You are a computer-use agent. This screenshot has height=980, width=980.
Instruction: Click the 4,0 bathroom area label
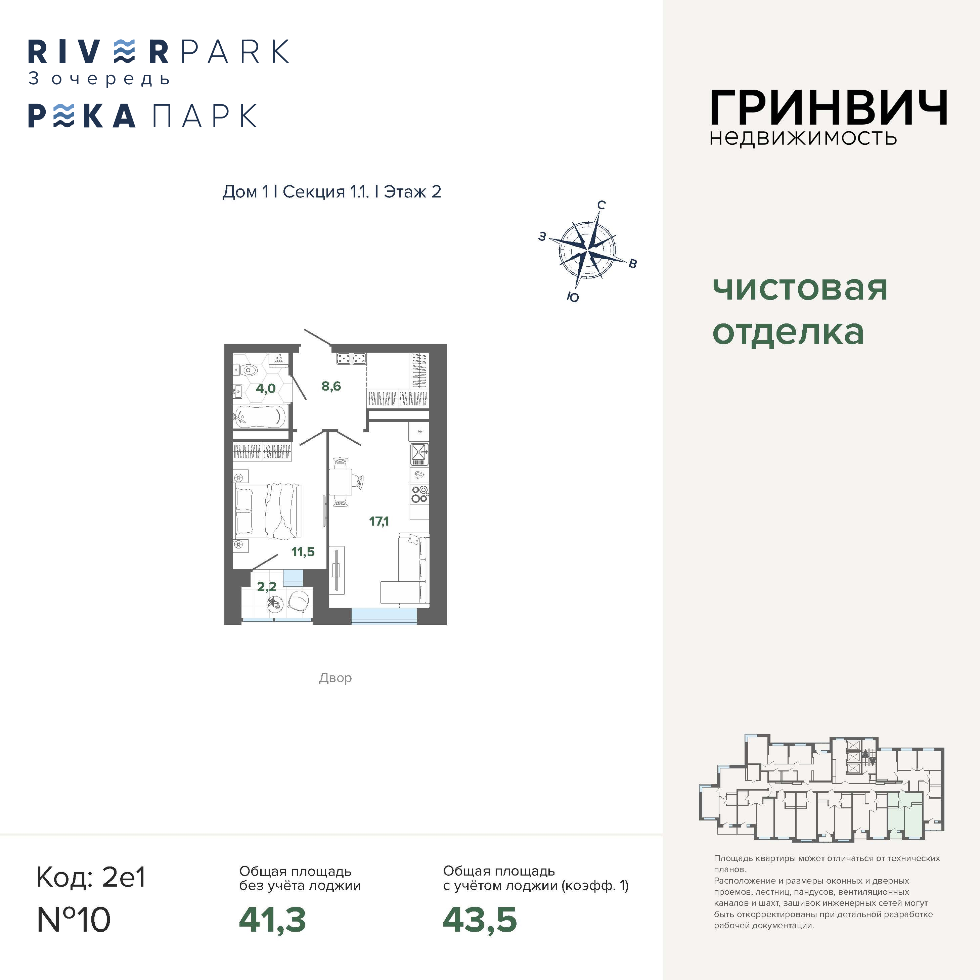[265, 389]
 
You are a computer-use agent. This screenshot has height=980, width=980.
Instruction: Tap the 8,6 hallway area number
[331, 386]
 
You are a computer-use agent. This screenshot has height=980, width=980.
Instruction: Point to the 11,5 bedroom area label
[303, 551]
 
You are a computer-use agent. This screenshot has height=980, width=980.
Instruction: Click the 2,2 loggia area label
[267, 586]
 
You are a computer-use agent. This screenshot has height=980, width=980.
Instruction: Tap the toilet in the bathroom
[247, 370]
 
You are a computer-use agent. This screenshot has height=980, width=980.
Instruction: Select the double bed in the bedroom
[268, 510]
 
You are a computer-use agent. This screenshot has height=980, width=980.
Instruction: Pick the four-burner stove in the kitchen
[419, 494]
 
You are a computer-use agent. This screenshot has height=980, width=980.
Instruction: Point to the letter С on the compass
[601, 205]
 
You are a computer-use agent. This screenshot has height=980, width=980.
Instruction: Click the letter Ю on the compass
[573, 297]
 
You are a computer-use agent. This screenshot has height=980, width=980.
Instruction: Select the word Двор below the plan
[335, 678]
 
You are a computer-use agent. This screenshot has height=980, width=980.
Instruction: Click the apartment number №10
[74, 919]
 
